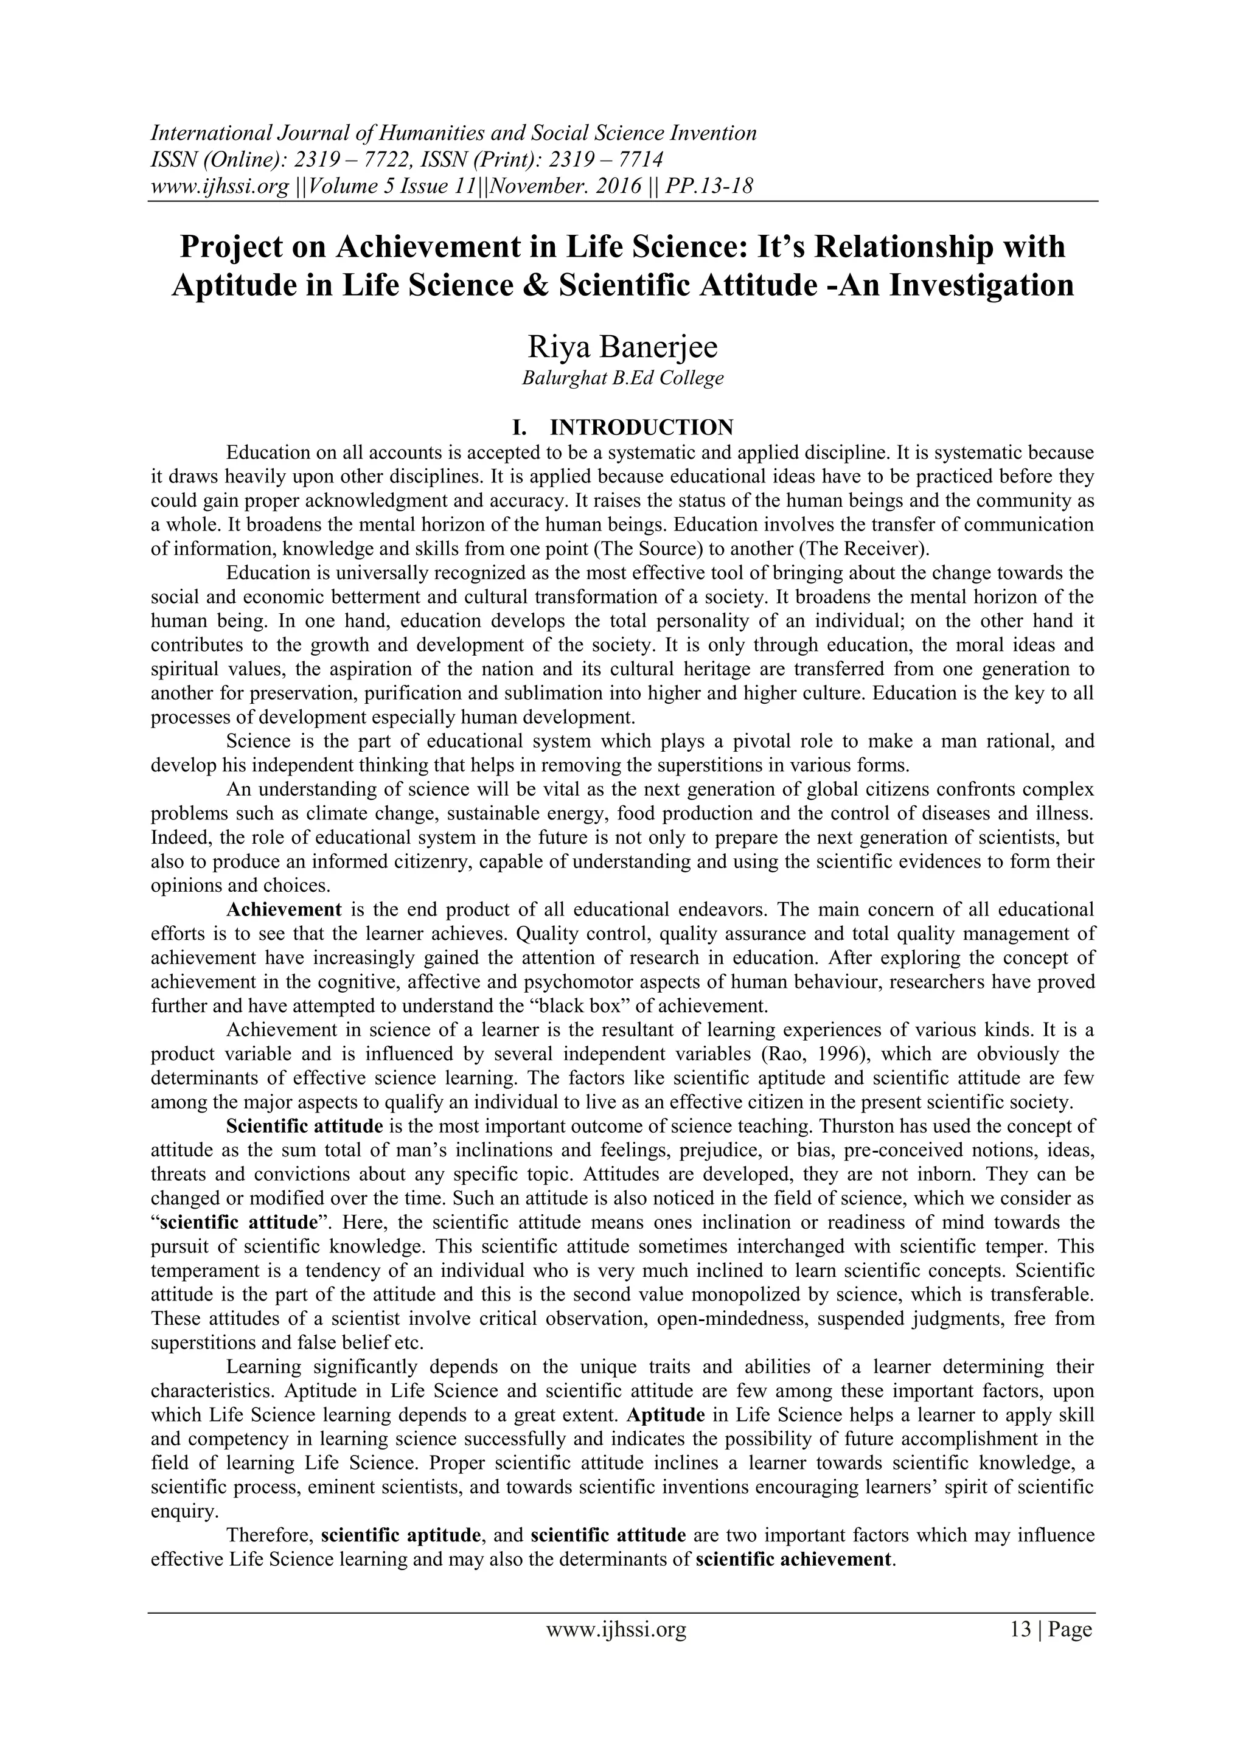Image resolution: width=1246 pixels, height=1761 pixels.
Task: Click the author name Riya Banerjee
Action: tap(622, 347)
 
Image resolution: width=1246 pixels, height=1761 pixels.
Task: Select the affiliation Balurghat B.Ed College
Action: tap(622, 378)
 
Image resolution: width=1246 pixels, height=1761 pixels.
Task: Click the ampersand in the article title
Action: tap(538, 285)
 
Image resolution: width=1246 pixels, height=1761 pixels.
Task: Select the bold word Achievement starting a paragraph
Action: tap(284, 909)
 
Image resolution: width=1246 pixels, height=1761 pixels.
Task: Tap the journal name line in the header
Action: tap(453, 133)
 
